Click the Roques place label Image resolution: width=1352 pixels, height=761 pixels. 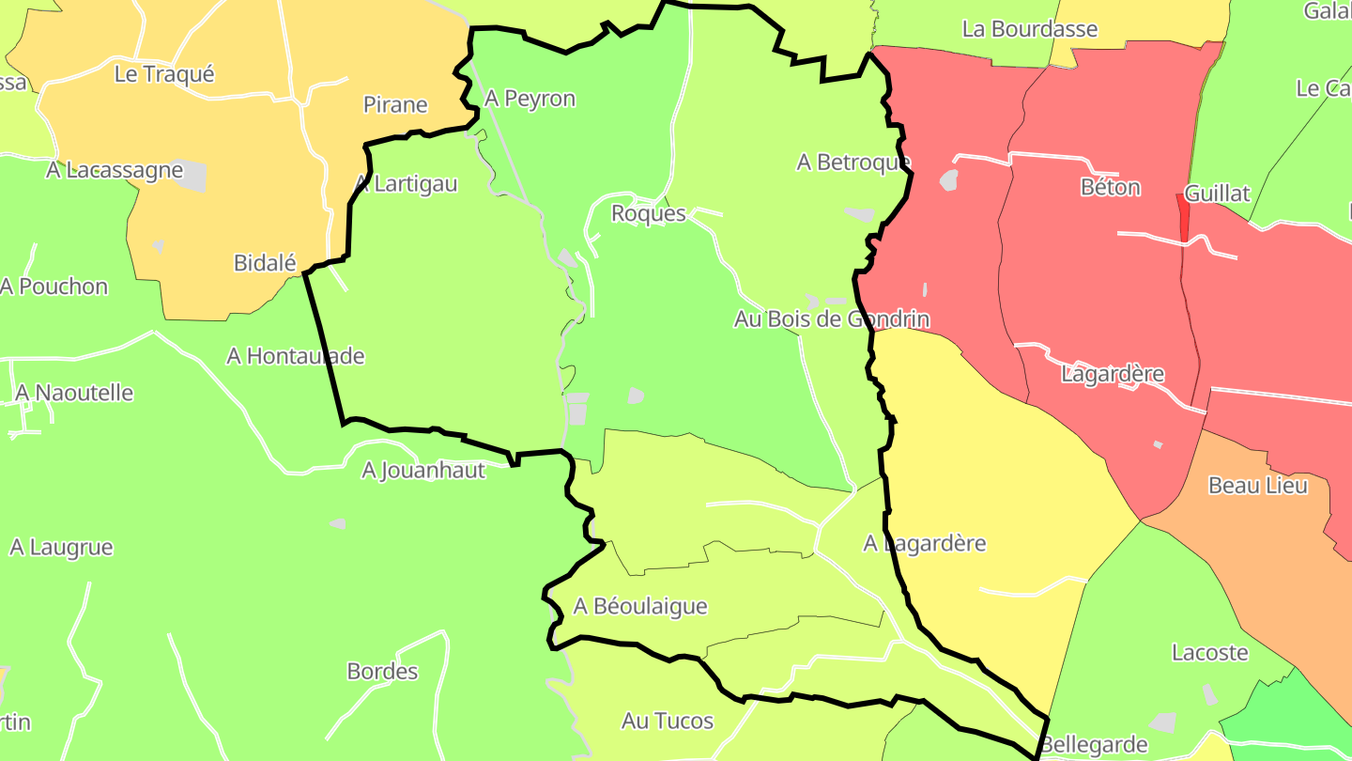648,213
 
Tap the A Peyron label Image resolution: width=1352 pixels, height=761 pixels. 530,99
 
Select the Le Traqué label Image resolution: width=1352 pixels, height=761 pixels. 164,74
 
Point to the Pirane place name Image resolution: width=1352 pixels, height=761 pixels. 395,105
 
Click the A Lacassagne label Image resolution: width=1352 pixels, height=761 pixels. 115,170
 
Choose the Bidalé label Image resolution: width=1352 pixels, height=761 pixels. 265,263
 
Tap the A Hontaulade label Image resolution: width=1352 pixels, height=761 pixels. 295,356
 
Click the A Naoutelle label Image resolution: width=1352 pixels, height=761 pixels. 74,393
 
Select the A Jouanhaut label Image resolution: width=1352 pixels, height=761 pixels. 423,470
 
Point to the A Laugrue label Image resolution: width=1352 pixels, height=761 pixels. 61,547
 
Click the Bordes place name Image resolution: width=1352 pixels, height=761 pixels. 382,672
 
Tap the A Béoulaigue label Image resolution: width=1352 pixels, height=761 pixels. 640,606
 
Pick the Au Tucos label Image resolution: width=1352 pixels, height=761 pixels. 668,722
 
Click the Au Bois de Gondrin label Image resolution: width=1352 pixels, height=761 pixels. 832,319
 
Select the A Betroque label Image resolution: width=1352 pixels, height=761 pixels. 853,163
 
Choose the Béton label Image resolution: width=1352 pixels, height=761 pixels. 1111,187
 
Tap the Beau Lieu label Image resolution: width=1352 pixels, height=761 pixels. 1257,486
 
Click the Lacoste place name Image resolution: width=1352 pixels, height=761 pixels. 1210,652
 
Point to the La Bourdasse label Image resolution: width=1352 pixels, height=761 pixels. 1030,29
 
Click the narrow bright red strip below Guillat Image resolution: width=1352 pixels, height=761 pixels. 1183,217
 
